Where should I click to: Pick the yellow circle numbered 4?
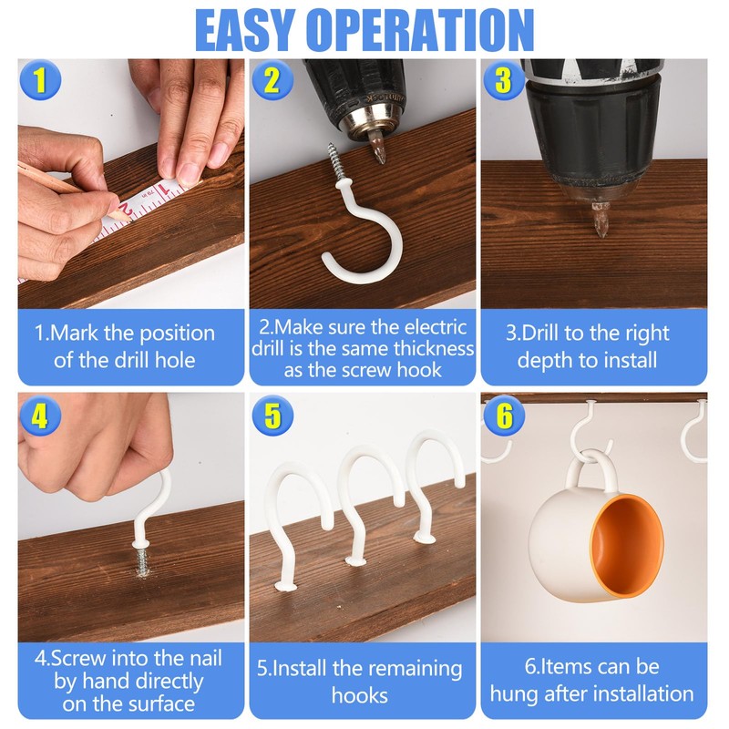[39, 416]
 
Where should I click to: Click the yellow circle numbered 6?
[503, 416]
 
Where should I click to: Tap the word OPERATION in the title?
[419, 29]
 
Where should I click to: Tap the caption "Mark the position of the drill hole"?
[125, 346]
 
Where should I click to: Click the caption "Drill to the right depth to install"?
[593, 346]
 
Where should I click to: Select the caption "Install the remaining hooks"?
[360, 682]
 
